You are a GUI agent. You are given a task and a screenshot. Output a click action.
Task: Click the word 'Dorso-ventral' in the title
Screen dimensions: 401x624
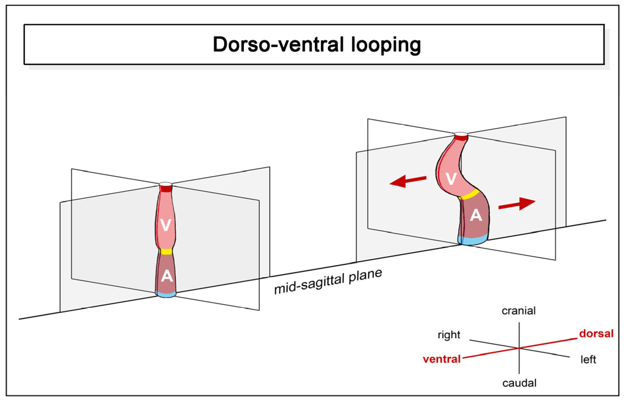278,44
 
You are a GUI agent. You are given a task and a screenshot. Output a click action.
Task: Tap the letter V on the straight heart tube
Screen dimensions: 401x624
165,225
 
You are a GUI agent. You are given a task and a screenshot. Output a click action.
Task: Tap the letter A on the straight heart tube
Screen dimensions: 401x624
167,276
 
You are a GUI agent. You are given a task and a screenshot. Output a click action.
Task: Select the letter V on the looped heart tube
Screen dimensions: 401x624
451,179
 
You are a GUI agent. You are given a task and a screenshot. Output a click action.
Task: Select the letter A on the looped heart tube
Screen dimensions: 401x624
476,215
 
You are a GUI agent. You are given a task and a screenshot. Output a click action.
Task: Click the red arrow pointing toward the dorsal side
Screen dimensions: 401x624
517,204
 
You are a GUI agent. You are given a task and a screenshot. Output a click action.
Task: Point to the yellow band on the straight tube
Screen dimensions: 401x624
166,251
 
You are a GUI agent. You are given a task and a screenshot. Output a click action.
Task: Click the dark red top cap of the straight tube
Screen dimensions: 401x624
165,188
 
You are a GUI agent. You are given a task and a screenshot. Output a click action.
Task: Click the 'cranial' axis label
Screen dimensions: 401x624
518,311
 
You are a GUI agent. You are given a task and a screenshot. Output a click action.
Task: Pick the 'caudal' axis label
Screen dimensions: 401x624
519,383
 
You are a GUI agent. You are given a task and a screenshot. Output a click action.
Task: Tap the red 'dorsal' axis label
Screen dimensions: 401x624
596,334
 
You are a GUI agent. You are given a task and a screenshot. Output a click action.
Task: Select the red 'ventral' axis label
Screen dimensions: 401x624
441,359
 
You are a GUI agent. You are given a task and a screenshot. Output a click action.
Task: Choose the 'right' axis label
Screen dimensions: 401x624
449,335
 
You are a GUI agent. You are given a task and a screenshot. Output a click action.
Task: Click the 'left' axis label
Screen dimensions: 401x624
588,359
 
